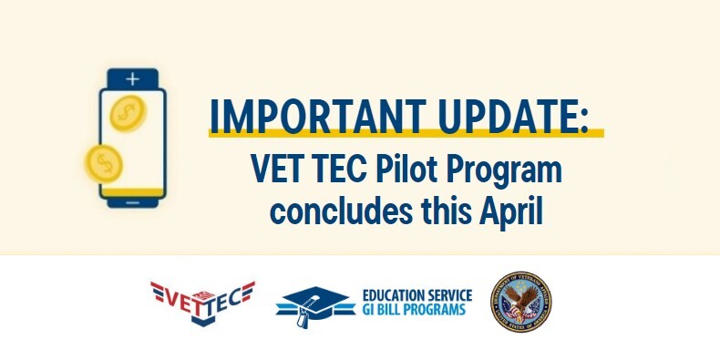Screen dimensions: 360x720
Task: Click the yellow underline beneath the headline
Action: click(406, 133)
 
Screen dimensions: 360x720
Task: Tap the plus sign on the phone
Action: click(133, 78)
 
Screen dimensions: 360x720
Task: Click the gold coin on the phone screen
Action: click(127, 113)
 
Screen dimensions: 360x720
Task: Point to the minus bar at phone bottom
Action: click(133, 201)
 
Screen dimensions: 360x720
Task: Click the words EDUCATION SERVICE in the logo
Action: click(417, 295)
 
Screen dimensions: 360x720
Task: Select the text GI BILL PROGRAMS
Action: click(414, 310)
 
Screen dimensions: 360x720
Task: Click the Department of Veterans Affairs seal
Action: click(522, 302)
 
